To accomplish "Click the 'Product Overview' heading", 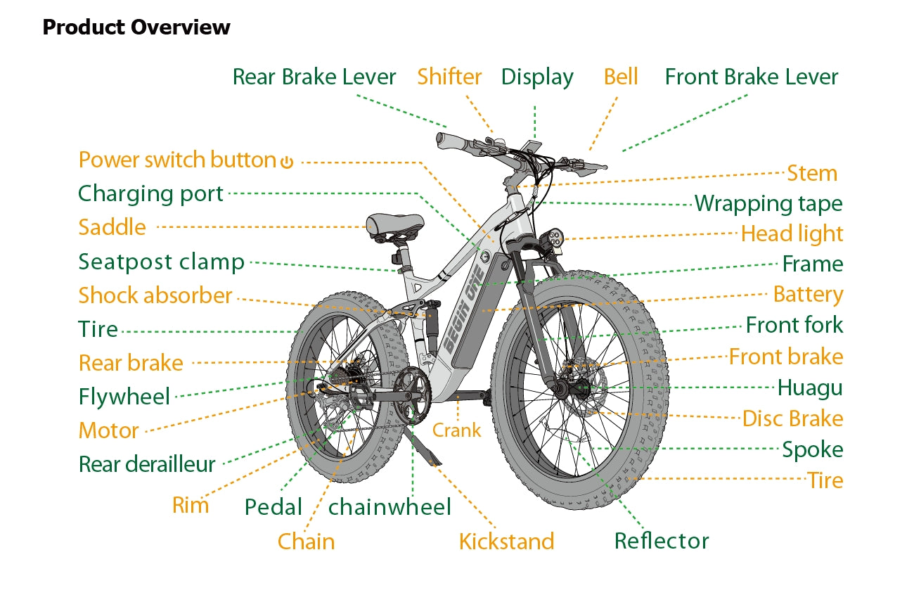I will point(136,27).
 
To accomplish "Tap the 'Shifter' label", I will point(449,77).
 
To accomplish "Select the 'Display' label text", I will point(537,77).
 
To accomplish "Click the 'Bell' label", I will point(621,77).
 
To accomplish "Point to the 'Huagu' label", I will point(810,388).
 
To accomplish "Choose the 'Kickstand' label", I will point(506,542).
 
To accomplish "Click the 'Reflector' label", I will point(661,541).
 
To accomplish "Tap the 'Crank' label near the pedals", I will point(456,430).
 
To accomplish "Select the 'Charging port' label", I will point(150,193).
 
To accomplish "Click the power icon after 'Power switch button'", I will point(286,162).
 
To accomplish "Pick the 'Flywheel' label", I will point(124,397).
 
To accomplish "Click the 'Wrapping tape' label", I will point(768,203).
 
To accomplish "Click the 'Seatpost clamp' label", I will point(161,262).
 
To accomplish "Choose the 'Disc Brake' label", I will point(792,419).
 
